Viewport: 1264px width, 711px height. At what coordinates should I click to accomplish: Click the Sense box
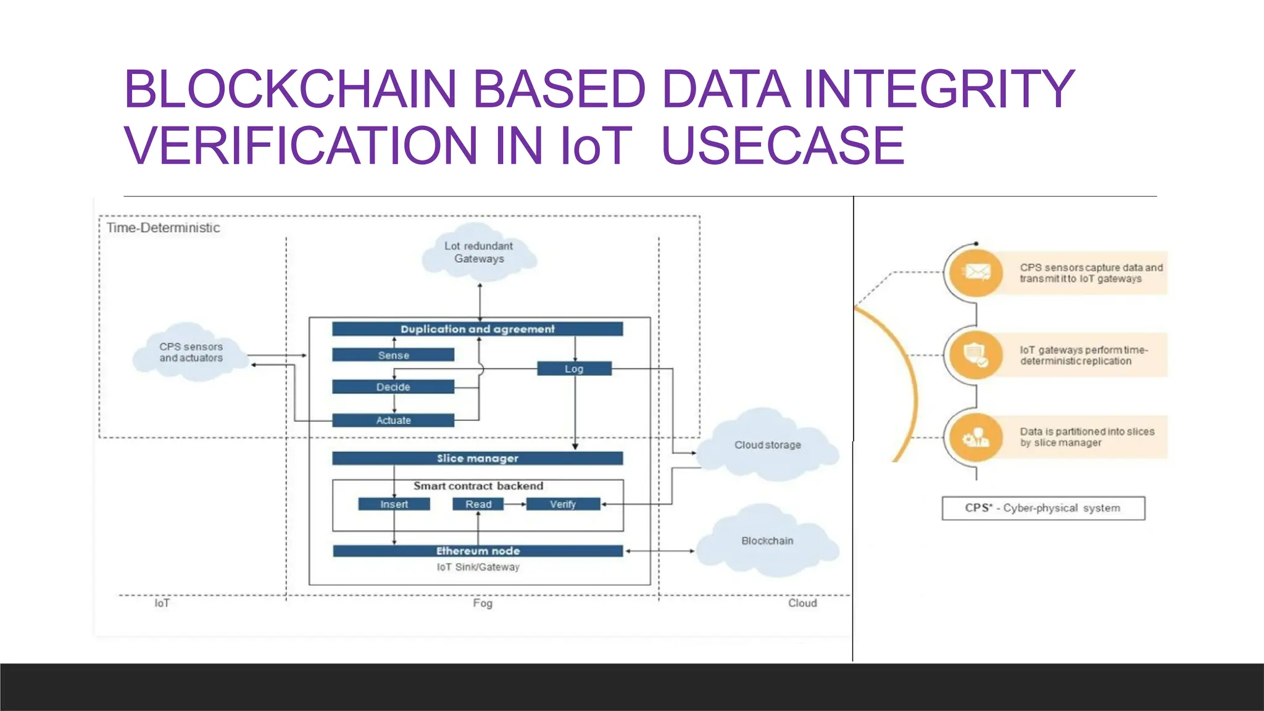click(x=393, y=355)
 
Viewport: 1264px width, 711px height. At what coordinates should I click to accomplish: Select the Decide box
click(x=393, y=387)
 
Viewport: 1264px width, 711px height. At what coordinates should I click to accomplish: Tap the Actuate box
click(x=393, y=420)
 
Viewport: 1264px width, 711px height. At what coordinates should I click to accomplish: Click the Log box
click(x=574, y=368)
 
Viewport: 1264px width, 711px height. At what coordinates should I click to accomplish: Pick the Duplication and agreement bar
click(x=477, y=329)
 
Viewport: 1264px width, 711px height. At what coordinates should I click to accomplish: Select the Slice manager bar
click(x=477, y=458)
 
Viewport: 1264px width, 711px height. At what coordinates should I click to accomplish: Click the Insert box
click(x=394, y=504)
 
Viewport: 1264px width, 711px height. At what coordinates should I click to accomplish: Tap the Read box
click(x=478, y=504)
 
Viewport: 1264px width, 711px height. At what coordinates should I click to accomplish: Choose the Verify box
click(x=563, y=504)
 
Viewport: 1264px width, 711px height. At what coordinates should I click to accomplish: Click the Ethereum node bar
click(x=478, y=551)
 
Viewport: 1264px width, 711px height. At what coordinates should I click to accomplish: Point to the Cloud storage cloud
click(x=767, y=445)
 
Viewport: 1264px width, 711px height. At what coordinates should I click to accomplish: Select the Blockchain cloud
click(x=767, y=541)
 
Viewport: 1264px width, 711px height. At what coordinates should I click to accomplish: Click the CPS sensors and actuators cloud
click(x=191, y=352)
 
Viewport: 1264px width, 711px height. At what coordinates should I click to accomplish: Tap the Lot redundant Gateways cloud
click(x=479, y=252)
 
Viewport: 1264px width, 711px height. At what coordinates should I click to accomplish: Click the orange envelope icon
click(x=976, y=272)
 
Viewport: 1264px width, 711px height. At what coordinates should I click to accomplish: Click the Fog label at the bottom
click(x=483, y=603)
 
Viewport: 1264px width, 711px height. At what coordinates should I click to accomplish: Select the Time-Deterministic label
click(x=163, y=228)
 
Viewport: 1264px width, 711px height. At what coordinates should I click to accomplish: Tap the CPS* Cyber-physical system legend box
click(x=1043, y=508)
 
